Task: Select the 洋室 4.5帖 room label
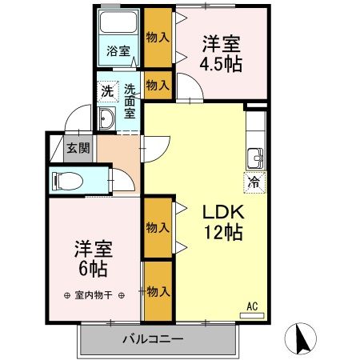(x=221, y=54)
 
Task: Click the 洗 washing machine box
(x=106, y=90)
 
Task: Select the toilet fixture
(x=64, y=182)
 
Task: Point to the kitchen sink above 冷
(x=254, y=156)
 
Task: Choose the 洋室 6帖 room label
(x=89, y=258)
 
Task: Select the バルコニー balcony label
(x=153, y=338)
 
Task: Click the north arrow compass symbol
(x=303, y=337)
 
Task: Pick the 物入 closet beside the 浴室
(x=158, y=36)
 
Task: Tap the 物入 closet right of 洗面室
(x=158, y=85)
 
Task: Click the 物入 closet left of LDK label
(x=158, y=227)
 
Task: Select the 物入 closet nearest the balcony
(x=158, y=291)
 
